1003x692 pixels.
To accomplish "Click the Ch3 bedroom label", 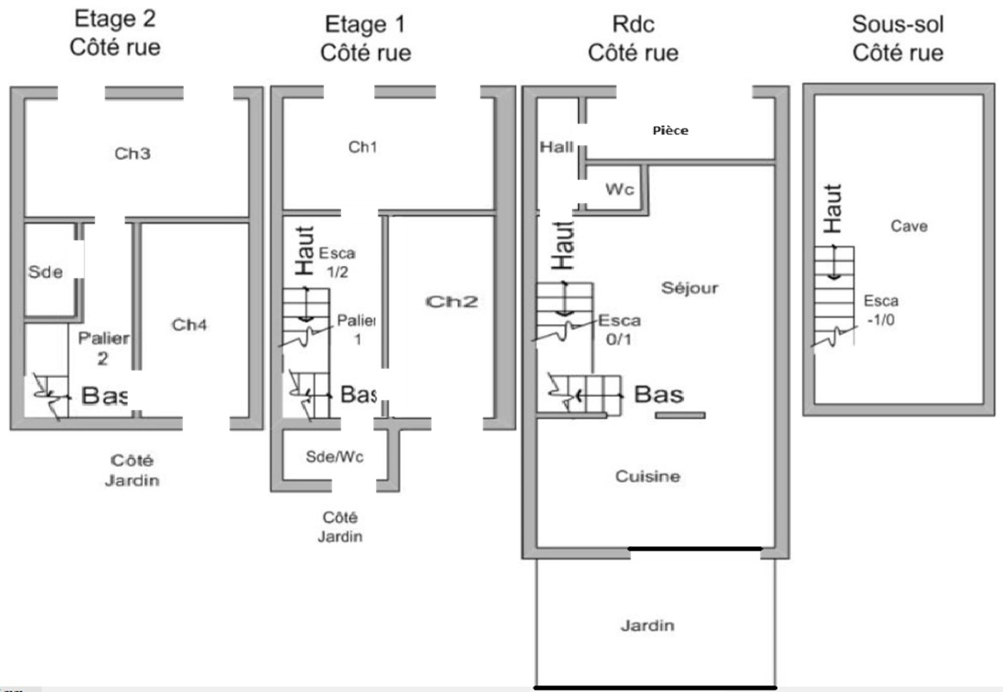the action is click(132, 154).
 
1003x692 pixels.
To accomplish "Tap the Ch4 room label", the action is click(189, 325).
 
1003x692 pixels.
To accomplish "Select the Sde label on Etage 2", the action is click(45, 271).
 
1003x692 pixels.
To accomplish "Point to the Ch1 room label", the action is click(362, 147).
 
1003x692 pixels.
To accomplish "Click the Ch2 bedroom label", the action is click(451, 301).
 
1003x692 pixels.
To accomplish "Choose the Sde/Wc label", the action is click(335, 456).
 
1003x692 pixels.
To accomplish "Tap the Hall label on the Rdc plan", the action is click(557, 147).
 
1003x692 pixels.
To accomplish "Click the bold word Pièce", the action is click(670, 131).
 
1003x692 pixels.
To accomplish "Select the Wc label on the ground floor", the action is click(620, 189).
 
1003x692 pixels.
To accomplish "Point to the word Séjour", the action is click(690, 287).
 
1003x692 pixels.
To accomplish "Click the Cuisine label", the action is click(648, 476).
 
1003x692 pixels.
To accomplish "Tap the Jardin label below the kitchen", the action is click(648, 626).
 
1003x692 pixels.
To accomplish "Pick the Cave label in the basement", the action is click(909, 226).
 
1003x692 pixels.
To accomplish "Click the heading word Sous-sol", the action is click(898, 24).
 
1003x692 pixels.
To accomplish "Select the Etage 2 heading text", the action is click(115, 19).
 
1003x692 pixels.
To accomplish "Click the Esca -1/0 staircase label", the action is click(881, 310).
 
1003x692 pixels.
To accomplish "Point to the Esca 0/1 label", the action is click(619, 330).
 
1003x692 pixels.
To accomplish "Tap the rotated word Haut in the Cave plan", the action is click(833, 209).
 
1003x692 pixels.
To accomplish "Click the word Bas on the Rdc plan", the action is click(659, 395).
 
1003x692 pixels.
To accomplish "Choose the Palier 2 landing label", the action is click(103, 349).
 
